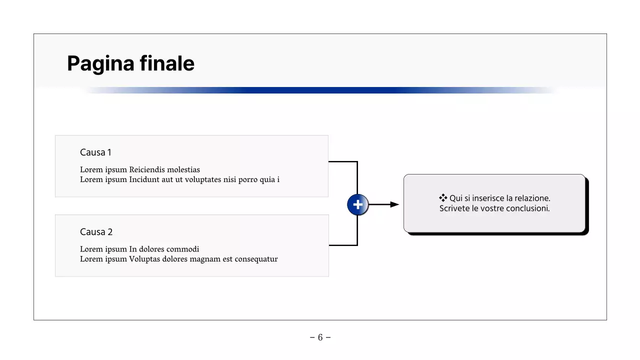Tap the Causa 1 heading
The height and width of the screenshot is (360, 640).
coord(95,152)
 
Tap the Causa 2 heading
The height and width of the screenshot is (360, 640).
coord(96,232)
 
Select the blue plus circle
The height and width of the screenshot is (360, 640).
coord(357,205)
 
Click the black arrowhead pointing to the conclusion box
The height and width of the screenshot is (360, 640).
coord(394,204)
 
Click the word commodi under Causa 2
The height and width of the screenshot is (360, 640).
coord(182,249)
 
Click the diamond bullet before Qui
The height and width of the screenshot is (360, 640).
coord(442,198)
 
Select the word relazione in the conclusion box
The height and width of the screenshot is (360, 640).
coord(532,198)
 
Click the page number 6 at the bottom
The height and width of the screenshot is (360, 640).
coord(320,337)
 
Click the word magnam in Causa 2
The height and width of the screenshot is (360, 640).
coord(204,259)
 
